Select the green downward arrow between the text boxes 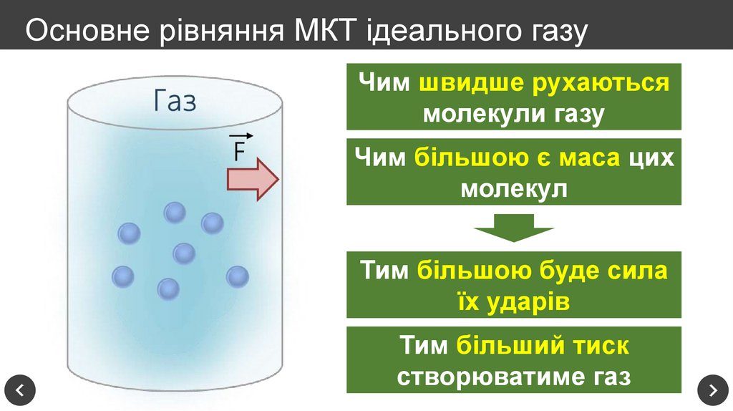pos(513,233)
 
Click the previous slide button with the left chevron pos(19,390)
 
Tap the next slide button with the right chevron pos(713,390)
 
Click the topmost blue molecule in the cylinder pos(175,213)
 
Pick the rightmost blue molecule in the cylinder pos(237,276)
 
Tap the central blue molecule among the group pos(184,253)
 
